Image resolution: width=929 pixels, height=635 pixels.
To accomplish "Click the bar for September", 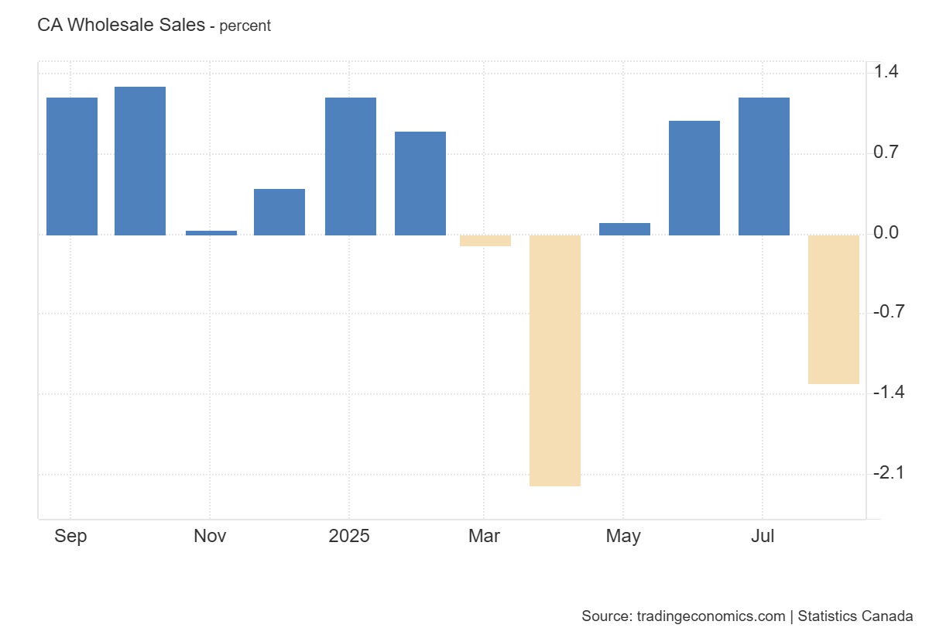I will coord(72,166).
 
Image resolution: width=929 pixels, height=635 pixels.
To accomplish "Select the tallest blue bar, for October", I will coord(140,161).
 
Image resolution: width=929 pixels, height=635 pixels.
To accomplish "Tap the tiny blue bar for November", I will coord(211,232).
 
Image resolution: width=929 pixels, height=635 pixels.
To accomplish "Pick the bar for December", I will coord(279,212).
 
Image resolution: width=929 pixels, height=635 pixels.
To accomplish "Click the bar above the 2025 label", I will coord(351,166).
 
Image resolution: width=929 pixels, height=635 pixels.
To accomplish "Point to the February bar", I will coord(420,184).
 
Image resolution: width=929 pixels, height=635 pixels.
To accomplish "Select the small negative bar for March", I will coord(485,241).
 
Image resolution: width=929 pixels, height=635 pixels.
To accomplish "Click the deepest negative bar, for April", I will coord(555,360).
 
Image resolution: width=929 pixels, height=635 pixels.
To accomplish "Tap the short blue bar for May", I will coord(625,229).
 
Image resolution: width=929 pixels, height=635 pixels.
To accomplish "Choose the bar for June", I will coord(694,178).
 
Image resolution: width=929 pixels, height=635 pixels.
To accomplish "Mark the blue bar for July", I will coord(764,166).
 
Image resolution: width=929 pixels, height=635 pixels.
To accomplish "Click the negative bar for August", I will coord(834,309).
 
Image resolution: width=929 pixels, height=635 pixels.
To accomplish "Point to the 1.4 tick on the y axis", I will coord(886,72).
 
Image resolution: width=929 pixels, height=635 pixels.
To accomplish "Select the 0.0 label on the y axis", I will coord(886,232).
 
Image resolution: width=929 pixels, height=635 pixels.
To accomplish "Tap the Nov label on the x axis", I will coord(210,536).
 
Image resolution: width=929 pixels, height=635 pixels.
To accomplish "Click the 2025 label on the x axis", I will coord(349,536).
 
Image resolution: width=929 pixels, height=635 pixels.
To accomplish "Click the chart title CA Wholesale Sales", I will coord(121,25).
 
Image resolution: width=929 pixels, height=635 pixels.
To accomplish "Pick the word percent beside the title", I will coord(245,26).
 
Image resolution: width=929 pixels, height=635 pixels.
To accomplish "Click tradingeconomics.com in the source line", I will coord(711,616).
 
